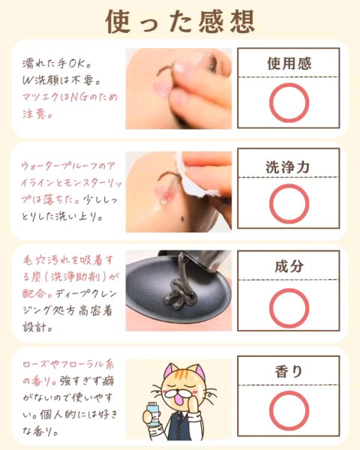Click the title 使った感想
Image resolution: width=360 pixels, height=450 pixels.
coord(180,22)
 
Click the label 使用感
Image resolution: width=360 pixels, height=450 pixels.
coord(289,64)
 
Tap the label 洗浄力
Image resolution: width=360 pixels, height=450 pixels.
coord(288,167)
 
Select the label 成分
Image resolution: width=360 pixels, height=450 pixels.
coord(289,266)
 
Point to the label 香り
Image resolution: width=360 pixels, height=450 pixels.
coord(289,371)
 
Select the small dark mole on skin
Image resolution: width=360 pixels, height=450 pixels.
coord(182,220)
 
